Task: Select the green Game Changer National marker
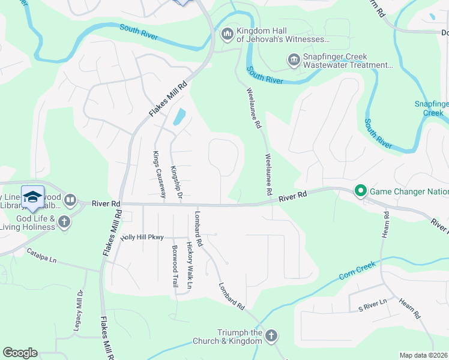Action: (x=360, y=192)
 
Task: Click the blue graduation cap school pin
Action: (x=33, y=196)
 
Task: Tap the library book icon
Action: (x=70, y=200)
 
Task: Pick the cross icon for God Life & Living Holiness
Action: (x=64, y=223)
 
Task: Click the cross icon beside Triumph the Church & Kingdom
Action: (x=271, y=335)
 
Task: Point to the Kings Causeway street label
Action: (x=159, y=175)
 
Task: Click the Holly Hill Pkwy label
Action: (x=142, y=238)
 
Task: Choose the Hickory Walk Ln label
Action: (x=189, y=266)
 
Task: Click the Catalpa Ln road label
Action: (x=41, y=256)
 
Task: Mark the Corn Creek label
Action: (x=357, y=269)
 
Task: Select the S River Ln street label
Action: (x=373, y=308)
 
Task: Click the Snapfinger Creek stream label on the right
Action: (x=432, y=108)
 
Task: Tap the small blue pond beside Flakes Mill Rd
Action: (x=179, y=117)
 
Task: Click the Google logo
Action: (x=20, y=353)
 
